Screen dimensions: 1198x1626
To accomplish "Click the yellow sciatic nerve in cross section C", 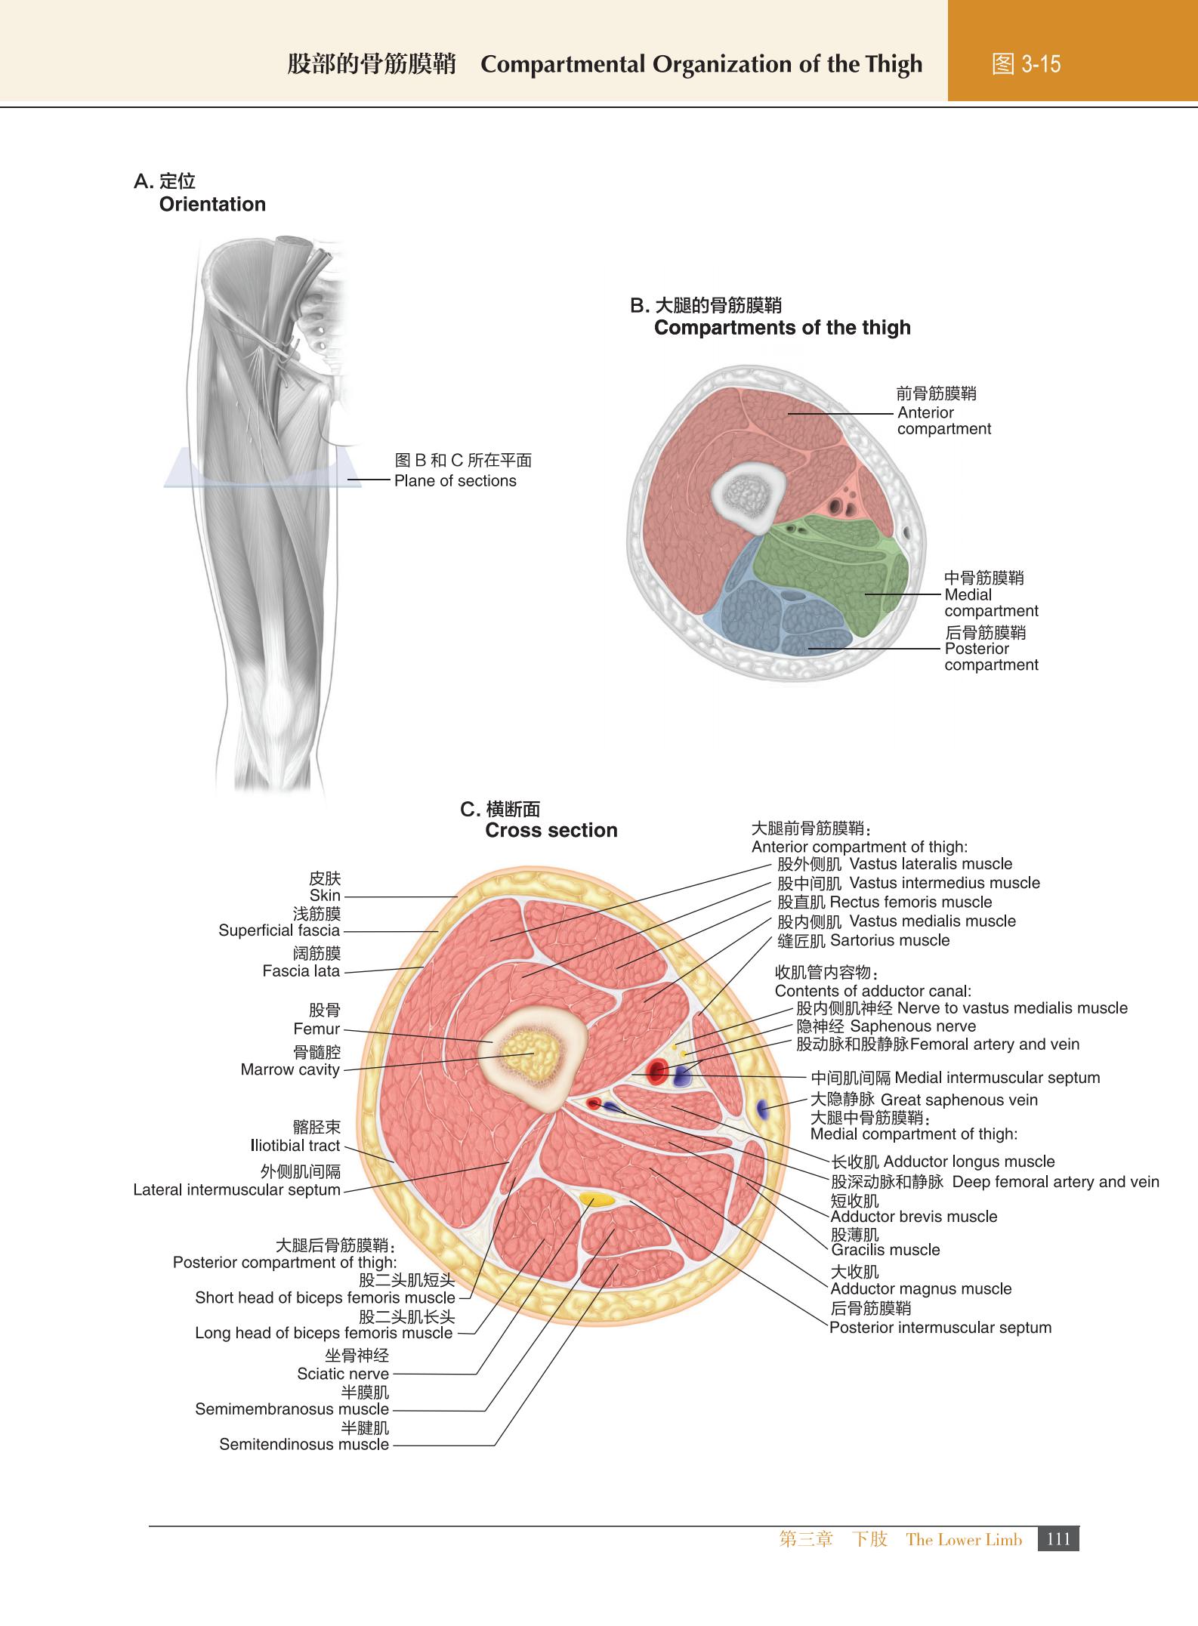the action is click(x=597, y=1199).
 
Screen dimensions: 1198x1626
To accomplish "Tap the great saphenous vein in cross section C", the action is click(x=762, y=1109).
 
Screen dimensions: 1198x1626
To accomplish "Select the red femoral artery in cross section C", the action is click(x=656, y=1071).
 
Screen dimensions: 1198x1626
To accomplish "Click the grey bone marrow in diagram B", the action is click(x=746, y=495).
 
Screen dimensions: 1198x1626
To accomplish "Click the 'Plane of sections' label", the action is click(x=455, y=481).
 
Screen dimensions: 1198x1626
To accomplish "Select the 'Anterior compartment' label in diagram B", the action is click(x=944, y=421).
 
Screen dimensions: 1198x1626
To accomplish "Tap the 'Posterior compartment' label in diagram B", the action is click(x=991, y=656).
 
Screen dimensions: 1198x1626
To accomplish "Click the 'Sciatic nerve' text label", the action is click(x=343, y=1374).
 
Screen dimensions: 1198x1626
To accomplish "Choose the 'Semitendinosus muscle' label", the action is click(x=304, y=1444).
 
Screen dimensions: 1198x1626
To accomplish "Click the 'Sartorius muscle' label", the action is click(x=890, y=940).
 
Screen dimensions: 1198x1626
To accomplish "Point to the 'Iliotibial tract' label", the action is click(x=295, y=1146).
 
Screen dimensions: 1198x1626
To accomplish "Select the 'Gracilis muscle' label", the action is click(x=885, y=1249).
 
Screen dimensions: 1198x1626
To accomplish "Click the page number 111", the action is click(x=1059, y=1538).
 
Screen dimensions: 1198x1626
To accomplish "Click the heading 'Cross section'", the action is click(x=551, y=830).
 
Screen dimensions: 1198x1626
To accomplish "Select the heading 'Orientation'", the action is click(x=212, y=204).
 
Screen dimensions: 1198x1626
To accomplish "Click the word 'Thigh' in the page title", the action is click(x=893, y=65).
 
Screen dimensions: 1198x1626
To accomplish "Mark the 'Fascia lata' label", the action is click(x=301, y=970).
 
